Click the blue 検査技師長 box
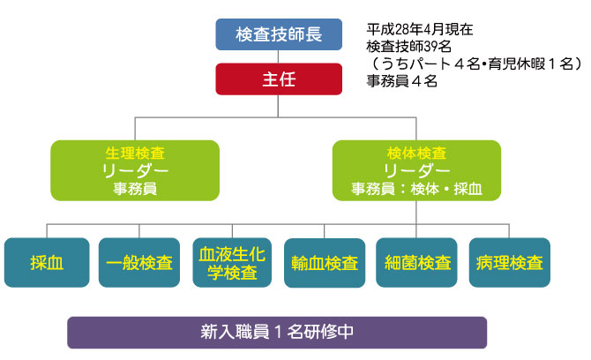[x=278, y=35]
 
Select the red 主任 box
[x=278, y=79]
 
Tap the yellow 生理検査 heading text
[x=133, y=153]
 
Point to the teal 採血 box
[x=46, y=263]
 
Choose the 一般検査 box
[x=132, y=263]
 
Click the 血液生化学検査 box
[x=226, y=263]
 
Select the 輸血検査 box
[x=324, y=263]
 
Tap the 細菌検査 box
[x=418, y=263]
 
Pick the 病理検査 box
[x=510, y=263]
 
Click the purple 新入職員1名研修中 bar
[x=277, y=333]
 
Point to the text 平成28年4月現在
[x=419, y=29]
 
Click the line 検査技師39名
[x=408, y=46]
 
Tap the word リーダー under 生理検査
[x=133, y=170]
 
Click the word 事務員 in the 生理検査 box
[x=133, y=188]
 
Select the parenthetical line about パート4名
[x=475, y=64]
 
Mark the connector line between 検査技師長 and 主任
[x=278, y=56]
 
